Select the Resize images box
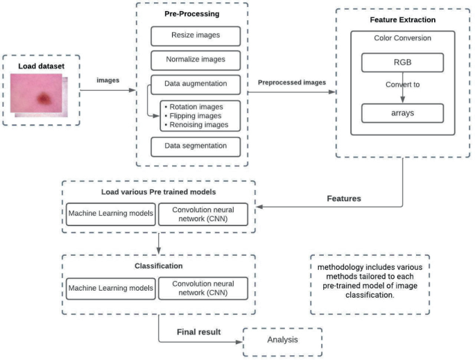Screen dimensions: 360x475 pyautogui.click(x=195, y=35)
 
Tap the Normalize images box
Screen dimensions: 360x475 pyautogui.click(x=195, y=60)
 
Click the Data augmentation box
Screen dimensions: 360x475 pyautogui.click(x=195, y=85)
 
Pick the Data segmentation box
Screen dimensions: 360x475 pyautogui.click(x=195, y=146)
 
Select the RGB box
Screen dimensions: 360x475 pyautogui.click(x=402, y=63)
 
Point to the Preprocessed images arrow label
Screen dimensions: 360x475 pyautogui.click(x=291, y=83)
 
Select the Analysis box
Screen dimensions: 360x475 pyautogui.click(x=282, y=340)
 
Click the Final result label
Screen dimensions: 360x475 pyautogui.click(x=198, y=332)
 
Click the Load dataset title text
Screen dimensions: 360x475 pyautogui.click(x=40, y=65)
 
